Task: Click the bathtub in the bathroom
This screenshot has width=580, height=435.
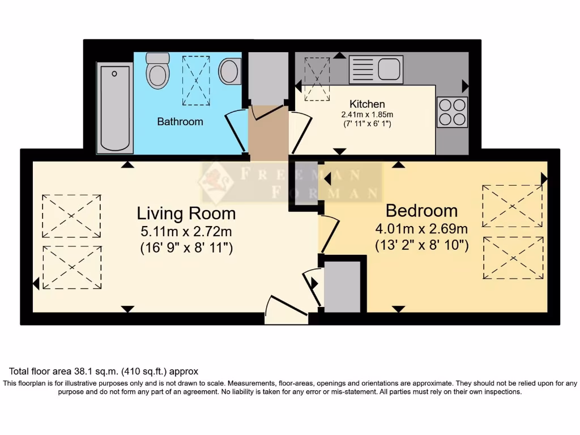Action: (115, 108)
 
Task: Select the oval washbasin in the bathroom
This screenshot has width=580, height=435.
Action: (229, 71)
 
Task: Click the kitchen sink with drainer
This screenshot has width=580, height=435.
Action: (376, 69)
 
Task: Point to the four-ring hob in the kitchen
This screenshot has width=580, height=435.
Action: (452, 112)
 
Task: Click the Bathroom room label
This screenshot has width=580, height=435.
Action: (180, 121)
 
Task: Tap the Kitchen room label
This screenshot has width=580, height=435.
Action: (367, 104)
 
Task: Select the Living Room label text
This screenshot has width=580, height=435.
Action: (186, 214)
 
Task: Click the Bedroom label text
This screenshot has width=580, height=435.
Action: (421, 211)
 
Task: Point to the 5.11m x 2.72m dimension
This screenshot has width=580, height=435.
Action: (186, 231)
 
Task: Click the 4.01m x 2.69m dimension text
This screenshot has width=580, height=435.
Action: (421, 229)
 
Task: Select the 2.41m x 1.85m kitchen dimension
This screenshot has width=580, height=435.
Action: (367, 114)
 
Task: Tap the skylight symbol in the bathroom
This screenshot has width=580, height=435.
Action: (195, 80)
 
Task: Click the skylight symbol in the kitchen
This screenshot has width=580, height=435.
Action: (317, 79)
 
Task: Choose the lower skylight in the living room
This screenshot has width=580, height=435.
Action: (71, 267)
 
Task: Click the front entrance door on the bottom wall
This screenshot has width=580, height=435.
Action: (287, 312)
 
